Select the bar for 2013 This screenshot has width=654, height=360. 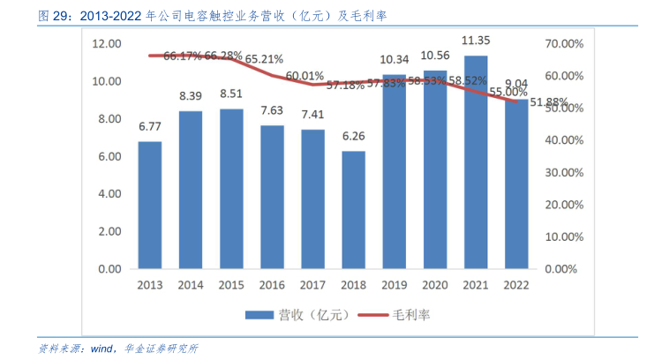pyautogui.click(x=150, y=205)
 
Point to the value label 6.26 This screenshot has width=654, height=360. pyautogui.click(x=354, y=136)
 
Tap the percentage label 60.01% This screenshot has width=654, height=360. pyautogui.click(x=304, y=76)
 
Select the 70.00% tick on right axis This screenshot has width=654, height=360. pyautogui.click(x=565, y=43)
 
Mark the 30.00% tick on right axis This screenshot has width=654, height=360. pyautogui.click(x=565, y=172)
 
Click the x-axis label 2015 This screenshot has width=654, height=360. pyautogui.click(x=231, y=285)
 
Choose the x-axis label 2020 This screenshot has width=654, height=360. pyautogui.click(x=435, y=285)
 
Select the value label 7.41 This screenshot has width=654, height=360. pyautogui.click(x=312, y=115)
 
